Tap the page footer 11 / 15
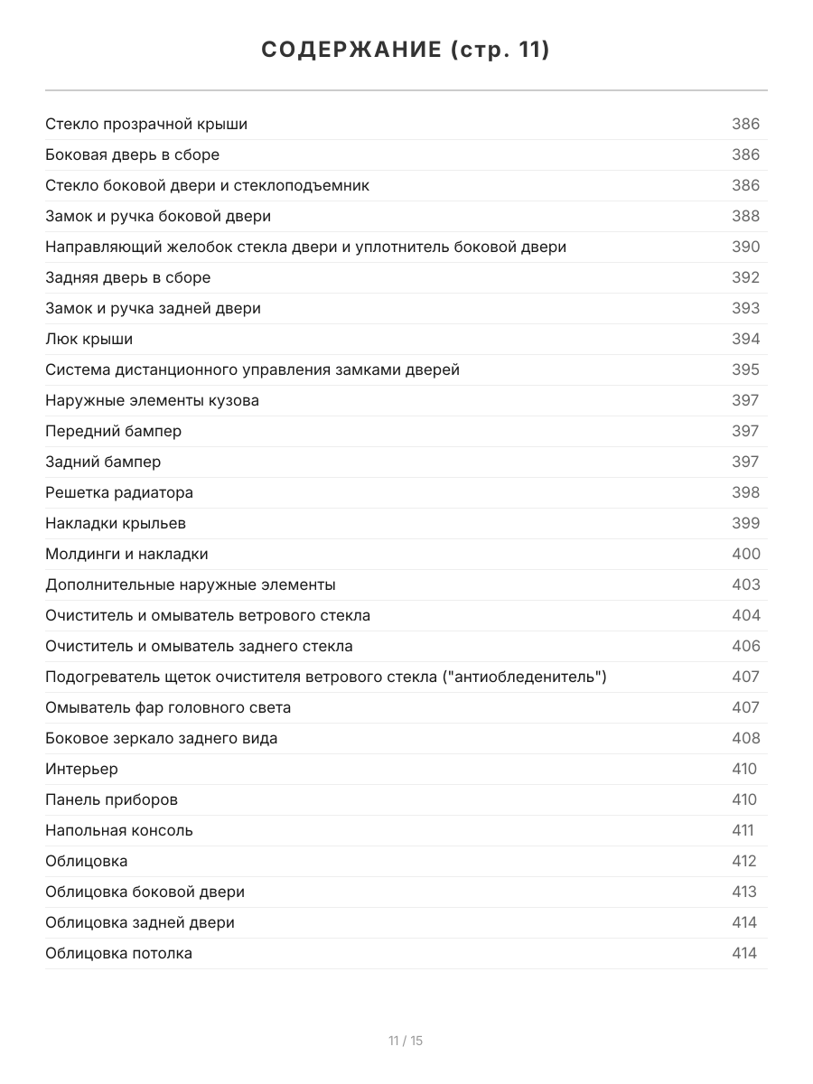pyautogui.click(x=406, y=1041)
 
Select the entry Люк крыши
pyautogui.click(x=89, y=339)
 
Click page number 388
pyautogui.click(x=745, y=216)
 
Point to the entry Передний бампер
pyautogui.click(x=113, y=431)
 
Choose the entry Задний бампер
pyautogui.click(x=103, y=462)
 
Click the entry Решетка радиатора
pyautogui.click(x=119, y=492)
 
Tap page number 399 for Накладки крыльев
pyautogui.click(x=745, y=523)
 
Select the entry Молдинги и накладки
pyautogui.click(x=126, y=554)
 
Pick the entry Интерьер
pyautogui.click(x=81, y=769)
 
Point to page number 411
pyautogui.click(x=743, y=830)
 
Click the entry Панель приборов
pyautogui.click(x=111, y=799)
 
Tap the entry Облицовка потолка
pyautogui.click(x=118, y=953)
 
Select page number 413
pyautogui.click(x=744, y=892)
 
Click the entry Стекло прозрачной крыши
pyautogui.click(x=146, y=124)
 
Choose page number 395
pyautogui.click(x=745, y=369)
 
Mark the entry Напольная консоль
pyautogui.click(x=119, y=830)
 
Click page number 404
pyautogui.click(x=745, y=615)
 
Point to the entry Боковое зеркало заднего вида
pyautogui.click(x=162, y=738)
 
